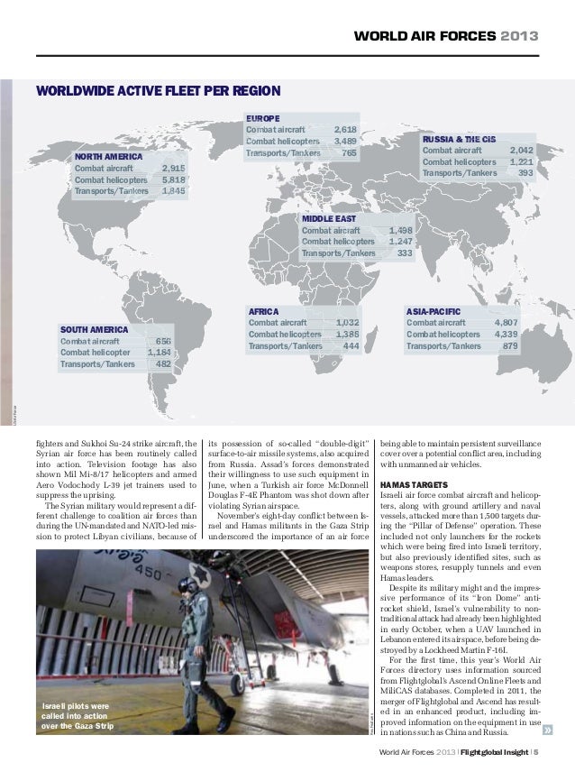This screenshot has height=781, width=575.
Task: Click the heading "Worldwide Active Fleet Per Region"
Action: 158,90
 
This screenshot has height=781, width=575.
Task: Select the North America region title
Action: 108,156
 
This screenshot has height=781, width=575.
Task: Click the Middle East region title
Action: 328,219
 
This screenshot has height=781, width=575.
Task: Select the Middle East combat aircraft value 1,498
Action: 400,231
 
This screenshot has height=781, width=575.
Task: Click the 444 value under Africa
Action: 351,345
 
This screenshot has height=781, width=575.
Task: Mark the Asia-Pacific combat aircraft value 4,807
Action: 506,322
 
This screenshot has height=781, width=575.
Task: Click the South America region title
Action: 94,330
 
